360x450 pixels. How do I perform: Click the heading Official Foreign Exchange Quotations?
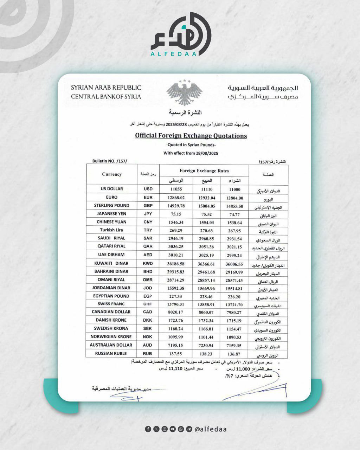[x=191, y=136]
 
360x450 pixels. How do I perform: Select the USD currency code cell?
[x=148, y=189]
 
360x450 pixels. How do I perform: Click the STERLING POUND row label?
[x=111, y=205]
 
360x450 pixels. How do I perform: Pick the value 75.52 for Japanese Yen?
[x=206, y=214]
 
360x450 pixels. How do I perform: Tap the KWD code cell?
[x=148, y=263]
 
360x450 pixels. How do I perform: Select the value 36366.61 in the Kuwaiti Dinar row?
[x=206, y=263]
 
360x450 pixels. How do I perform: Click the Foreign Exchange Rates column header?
[x=204, y=171]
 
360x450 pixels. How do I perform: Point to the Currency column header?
[x=112, y=174]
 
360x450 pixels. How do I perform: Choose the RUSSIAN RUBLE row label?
[x=111, y=353]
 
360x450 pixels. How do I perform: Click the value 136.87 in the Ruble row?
[x=234, y=354]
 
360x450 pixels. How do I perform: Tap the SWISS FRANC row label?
[x=111, y=304]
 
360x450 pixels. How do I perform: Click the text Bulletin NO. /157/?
[x=110, y=161]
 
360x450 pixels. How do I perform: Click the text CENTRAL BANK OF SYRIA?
[x=106, y=97]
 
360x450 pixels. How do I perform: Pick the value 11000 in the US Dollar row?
[x=234, y=189]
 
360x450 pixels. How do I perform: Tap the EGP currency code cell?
[x=148, y=296]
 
